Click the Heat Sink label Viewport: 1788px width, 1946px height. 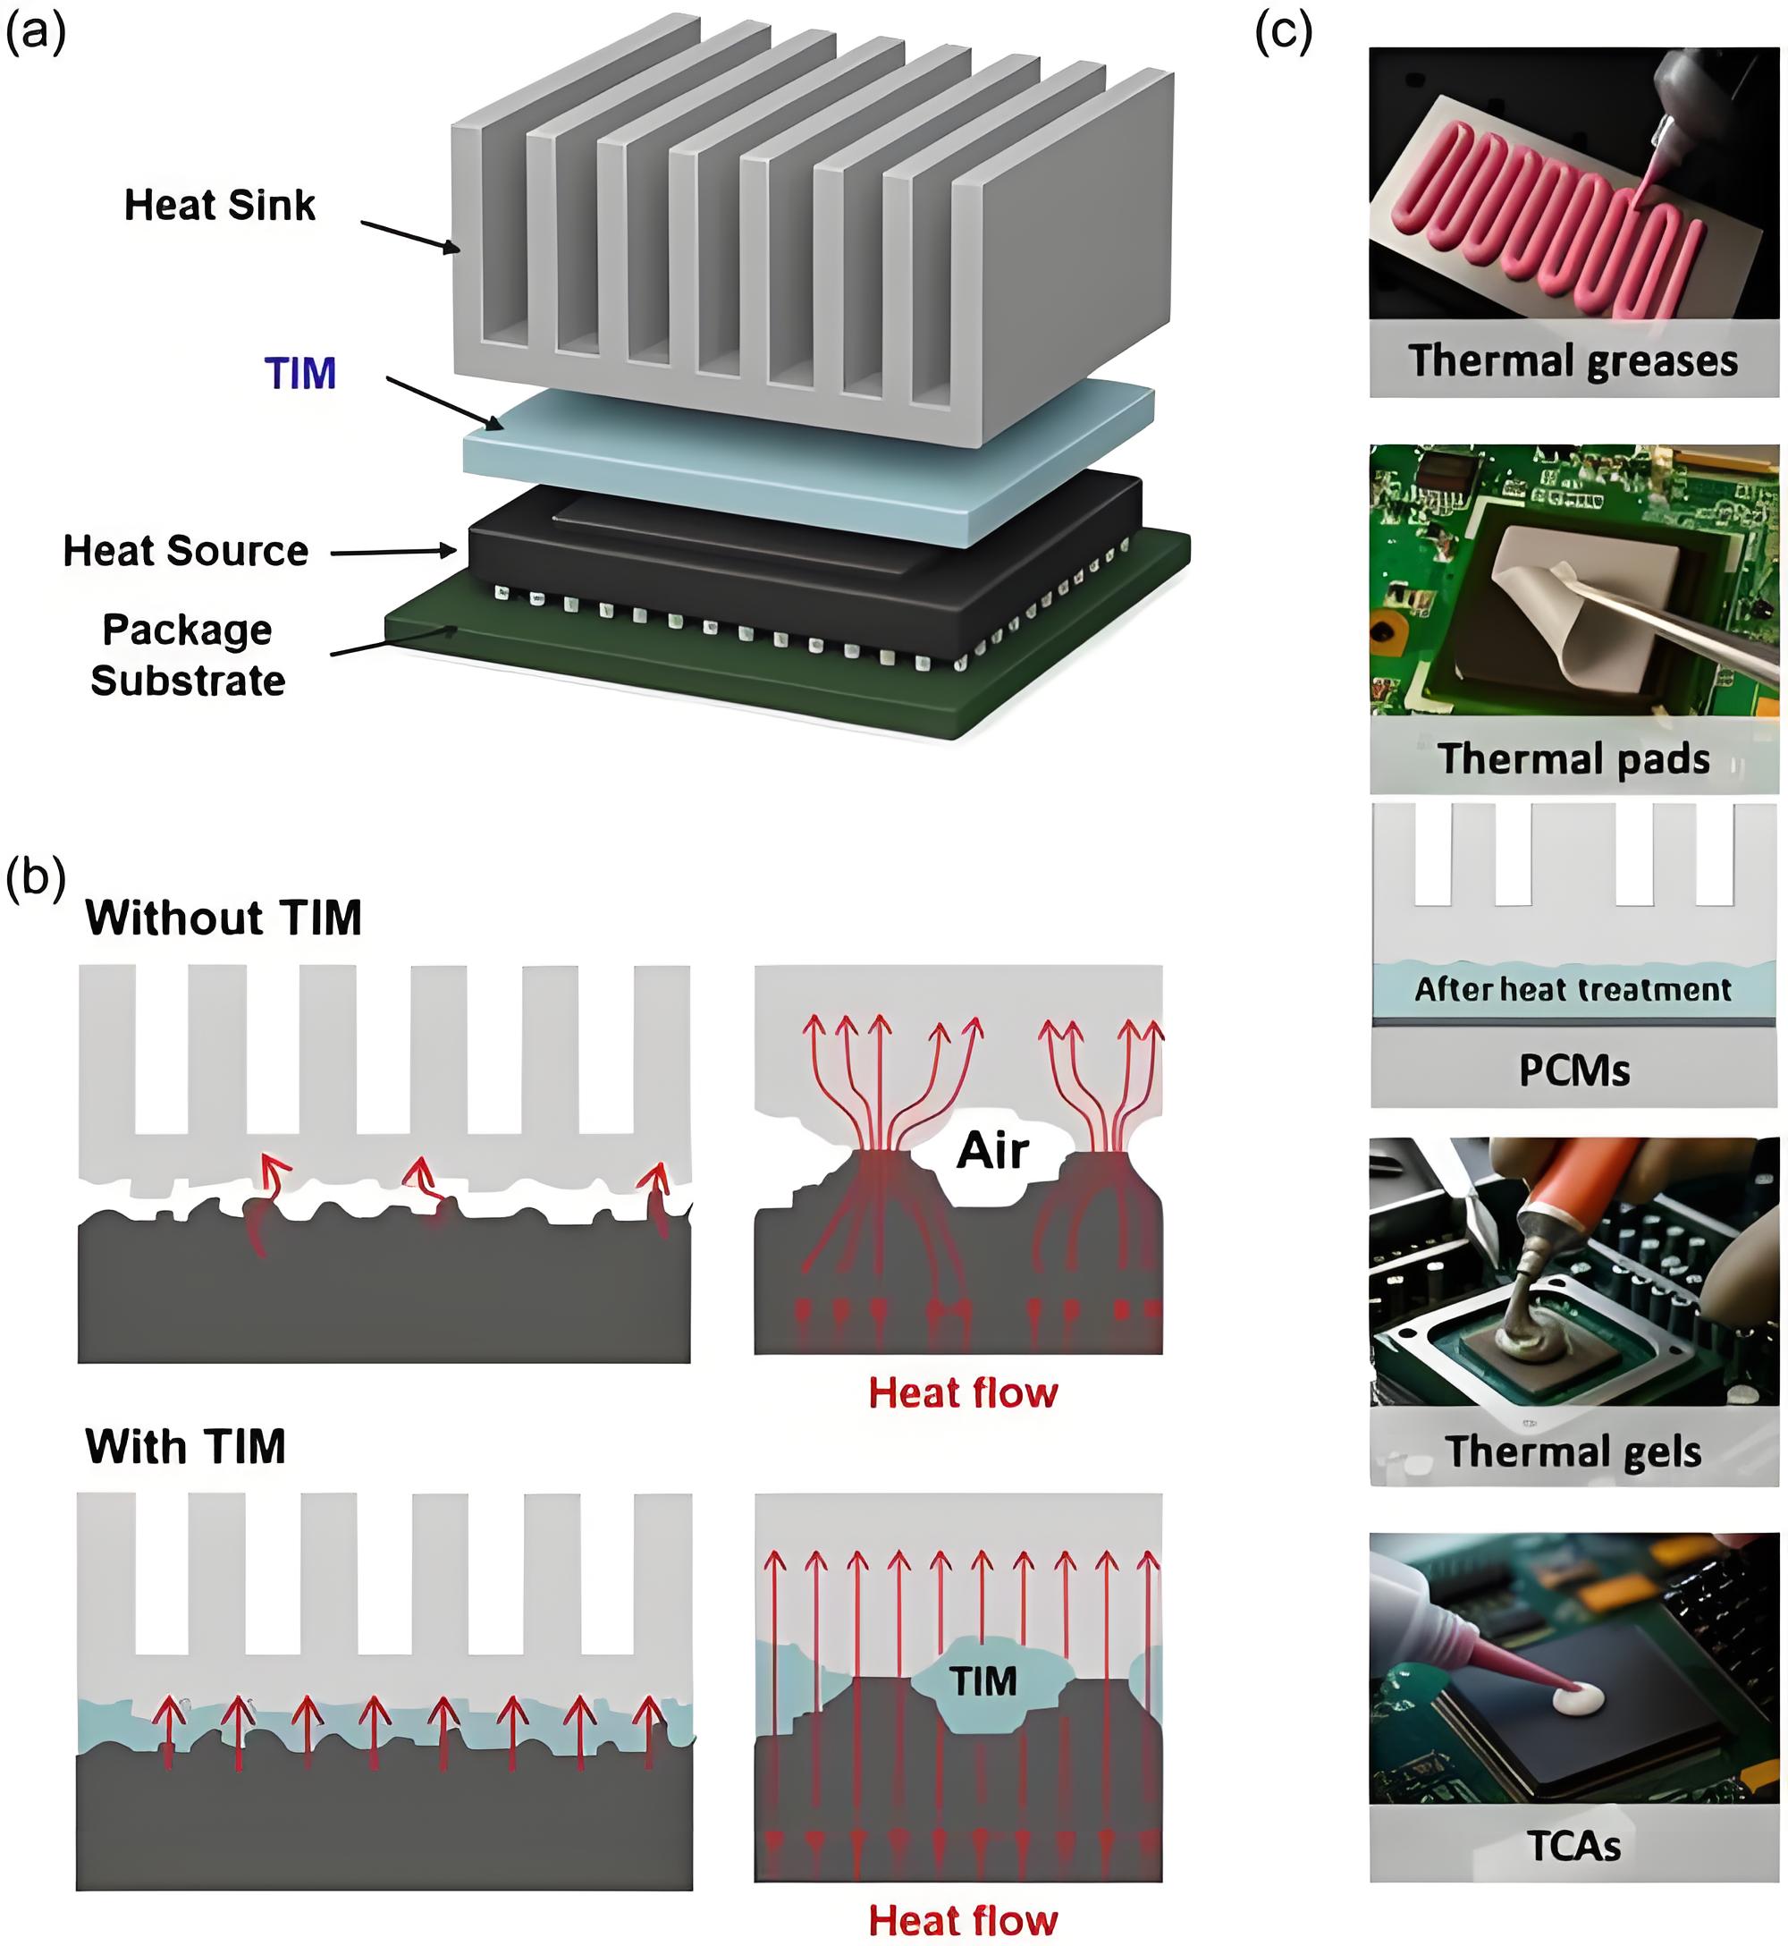click(220, 205)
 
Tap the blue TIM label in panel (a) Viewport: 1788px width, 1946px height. click(299, 374)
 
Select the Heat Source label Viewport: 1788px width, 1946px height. click(186, 551)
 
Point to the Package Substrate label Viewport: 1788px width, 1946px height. click(188, 656)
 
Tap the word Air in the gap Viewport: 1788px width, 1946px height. click(992, 1151)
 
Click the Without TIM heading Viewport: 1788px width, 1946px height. click(223, 918)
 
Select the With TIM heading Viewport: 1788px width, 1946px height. click(186, 1447)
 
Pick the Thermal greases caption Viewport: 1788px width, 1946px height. click(1573, 360)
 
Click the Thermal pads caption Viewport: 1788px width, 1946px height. click(1574, 757)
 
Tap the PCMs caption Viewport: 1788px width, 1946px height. click(1574, 1070)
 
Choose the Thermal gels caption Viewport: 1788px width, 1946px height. click(1573, 1451)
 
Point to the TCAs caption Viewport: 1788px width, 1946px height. click(1574, 1845)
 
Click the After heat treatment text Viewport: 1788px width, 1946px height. click(1573, 989)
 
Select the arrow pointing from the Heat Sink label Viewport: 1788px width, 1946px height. click(411, 237)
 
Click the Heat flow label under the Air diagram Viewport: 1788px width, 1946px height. click(963, 1392)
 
